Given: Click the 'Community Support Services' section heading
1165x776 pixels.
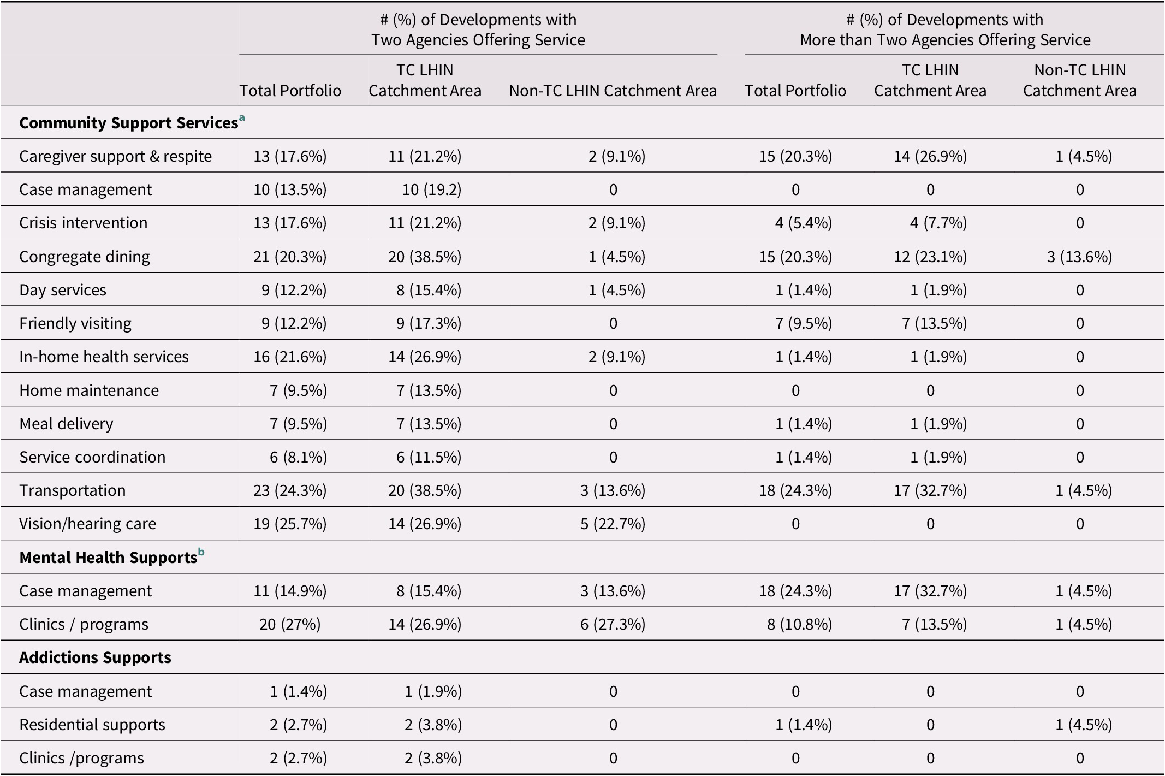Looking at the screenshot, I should (x=128, y=123).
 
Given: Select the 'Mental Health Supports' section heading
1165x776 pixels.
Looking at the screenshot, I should (x=108, y=558).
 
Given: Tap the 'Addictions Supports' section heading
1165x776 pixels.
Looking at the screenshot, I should (x=95, y=657).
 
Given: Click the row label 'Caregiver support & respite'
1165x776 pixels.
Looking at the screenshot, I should (x=115, y=156).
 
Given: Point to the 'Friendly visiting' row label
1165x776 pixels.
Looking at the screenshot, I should (x=75, y=323).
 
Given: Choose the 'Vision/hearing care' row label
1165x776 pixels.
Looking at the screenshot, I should (x=87, y=524).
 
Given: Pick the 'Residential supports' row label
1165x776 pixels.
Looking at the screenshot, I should (x=92, y=725).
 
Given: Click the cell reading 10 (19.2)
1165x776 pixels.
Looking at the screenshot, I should (x=431, y=189).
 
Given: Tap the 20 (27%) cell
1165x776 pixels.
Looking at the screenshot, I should (x=290, y=624).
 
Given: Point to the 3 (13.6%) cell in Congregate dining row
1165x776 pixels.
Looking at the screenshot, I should (x=1079, y=257).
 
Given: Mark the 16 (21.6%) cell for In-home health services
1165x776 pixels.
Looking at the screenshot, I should (x=290, y=357).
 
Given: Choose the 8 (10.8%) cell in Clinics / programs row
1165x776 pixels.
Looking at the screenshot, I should (x=799, y=624).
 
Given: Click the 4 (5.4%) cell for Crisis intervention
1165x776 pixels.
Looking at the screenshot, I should (x=803, y=223).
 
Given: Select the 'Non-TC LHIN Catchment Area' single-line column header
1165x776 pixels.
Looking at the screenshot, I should (x=613, y=91).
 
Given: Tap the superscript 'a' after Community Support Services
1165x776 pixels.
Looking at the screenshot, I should (x=242, y=117).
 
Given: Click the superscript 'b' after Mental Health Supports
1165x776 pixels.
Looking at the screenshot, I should (x=201, y=553).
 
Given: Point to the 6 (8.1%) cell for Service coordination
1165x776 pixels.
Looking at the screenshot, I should (x=298, y=457).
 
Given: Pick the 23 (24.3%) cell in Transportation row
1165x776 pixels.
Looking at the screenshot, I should (x=290, y=490).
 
